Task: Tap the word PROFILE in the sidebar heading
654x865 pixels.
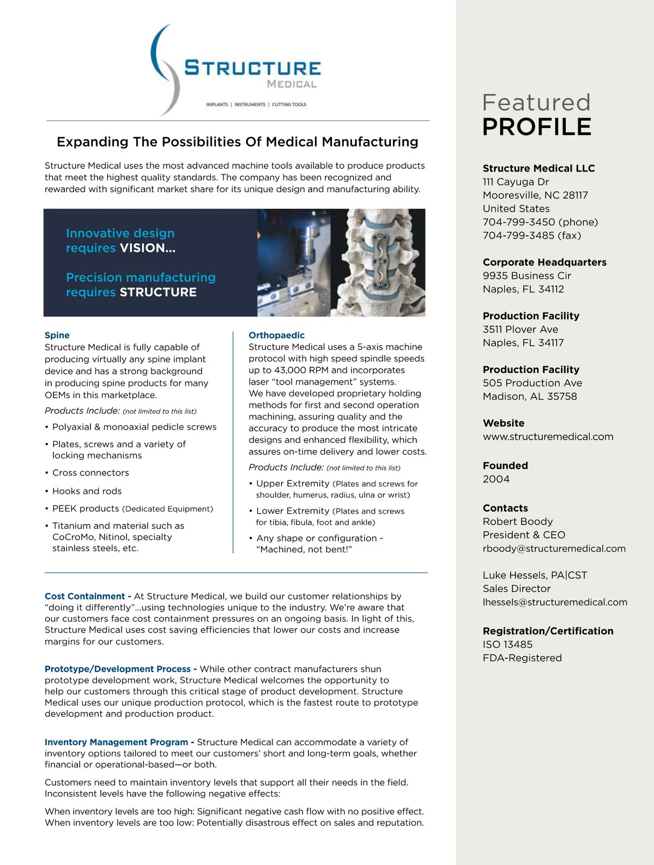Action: tap(536, 127)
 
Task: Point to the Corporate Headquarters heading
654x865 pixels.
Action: tap(544, 262)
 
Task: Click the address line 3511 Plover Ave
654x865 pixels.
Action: tap(520, 329)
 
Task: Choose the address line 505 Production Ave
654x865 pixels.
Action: tap(532, 383)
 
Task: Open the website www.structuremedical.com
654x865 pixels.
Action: tap(547, 436)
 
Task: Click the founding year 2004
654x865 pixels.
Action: tap(496, 479)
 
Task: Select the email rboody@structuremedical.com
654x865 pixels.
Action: tap(554, 549)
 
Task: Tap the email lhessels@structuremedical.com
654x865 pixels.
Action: tap(554, 602)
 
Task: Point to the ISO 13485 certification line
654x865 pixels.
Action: tap(507, 644)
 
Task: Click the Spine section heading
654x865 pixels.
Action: tap(57, 335)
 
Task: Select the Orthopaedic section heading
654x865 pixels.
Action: tap(276, 335)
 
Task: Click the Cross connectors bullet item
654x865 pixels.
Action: tap(90, 473)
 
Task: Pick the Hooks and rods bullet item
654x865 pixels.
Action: tap(87, 491)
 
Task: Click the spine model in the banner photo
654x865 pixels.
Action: tap(381, 261)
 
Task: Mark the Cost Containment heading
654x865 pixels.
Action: tap(84, 596)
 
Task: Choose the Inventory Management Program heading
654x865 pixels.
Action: tap(116, 742)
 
